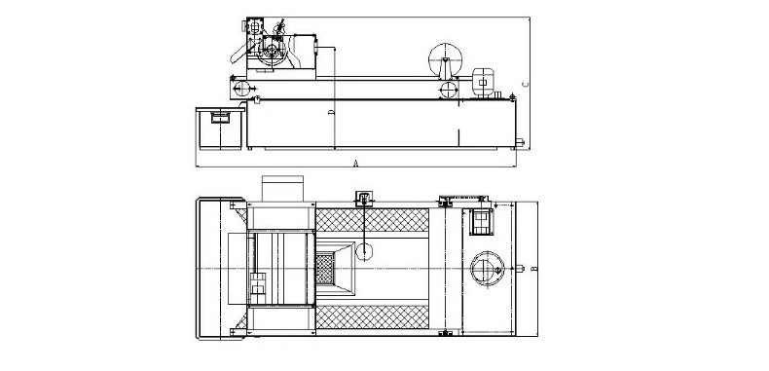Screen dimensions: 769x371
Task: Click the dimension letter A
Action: (x=356, y=164)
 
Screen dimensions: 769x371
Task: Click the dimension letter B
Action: (x=534, y=269)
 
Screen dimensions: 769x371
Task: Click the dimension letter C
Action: (x=526, y=85)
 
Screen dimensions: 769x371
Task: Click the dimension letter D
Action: (x=332, y=112)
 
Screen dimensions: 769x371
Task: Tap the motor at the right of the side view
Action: (x=483, y=82)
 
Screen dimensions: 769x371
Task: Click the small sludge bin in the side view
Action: (x=220, y=129)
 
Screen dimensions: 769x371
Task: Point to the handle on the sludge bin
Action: (x=220, y=117)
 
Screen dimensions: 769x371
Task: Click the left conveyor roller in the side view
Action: (x=242, y=89)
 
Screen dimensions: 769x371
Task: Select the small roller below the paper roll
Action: (x=448, y=90)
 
